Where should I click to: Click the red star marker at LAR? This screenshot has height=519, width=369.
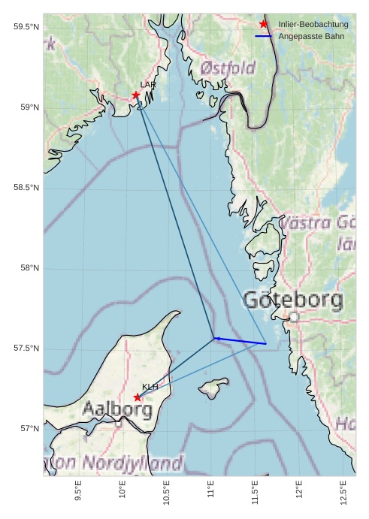click(x=136, y=95)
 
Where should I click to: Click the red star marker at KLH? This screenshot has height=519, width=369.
click(x=137, y=397)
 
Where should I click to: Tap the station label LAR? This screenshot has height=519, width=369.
click(x=147, y=85)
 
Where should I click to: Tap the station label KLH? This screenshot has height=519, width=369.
click(x=150, y=386)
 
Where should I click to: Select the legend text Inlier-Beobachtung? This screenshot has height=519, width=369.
click(x=313, y=25)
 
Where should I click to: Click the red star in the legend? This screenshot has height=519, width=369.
click(x=264, y=25)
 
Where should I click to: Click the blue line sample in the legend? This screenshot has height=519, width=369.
click(x=264, y=36)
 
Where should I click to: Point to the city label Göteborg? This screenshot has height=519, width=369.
click(x=293, y=300)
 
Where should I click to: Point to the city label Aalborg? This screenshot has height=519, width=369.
click(x=117, y=410)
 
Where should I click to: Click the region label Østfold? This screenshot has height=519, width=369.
click(x=228, y=68)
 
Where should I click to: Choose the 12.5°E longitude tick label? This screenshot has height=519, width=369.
click(x=343, y=493)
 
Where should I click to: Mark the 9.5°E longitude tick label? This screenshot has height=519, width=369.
click(x=79, y=493)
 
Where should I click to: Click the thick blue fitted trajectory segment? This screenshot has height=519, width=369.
click(x=240, y=341)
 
